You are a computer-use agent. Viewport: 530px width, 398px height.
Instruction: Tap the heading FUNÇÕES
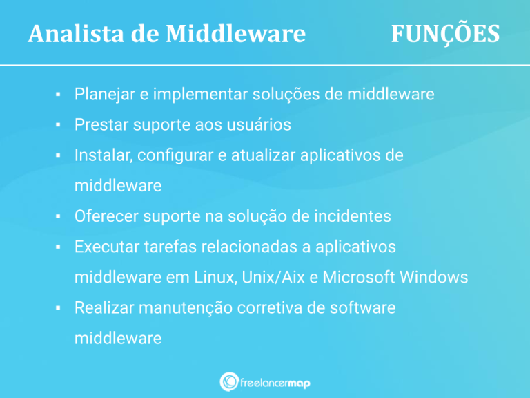tap(445, 33)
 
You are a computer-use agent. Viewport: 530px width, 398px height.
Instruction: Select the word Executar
tap(107, 247)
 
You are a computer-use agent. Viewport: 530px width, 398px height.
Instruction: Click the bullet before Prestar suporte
tap(60, 125)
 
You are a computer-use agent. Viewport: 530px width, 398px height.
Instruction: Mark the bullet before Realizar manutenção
tap(60, 307)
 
